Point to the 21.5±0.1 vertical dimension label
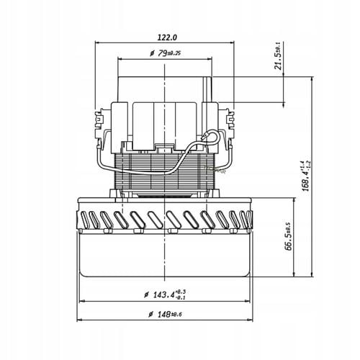point(277,53)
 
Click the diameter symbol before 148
point(149,314)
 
